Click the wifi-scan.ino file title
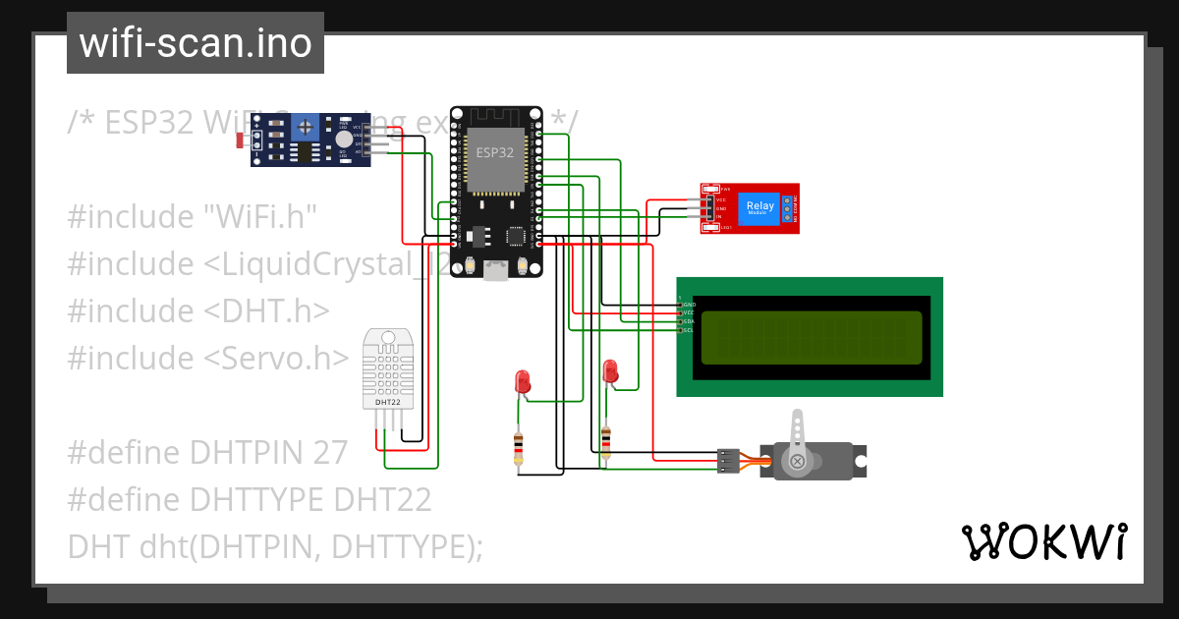tap(195, 43)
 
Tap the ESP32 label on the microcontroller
tap(495, 152)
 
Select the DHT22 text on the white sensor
tap(387, 402)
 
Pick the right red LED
tap(610, 371)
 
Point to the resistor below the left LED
tap(518, 448)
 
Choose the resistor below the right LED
tap(605, 442)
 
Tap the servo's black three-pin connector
tap(728, 461)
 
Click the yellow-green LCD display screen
tap(809, 336)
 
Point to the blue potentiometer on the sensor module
tap(306, 127)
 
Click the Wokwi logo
tap(1042, 541)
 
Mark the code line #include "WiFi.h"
tap(193, 216)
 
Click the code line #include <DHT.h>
tap(197, 310)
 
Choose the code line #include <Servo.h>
tap(207, 358)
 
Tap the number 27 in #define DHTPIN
tap(330, 452)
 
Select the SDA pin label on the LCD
tap(689, 321)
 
